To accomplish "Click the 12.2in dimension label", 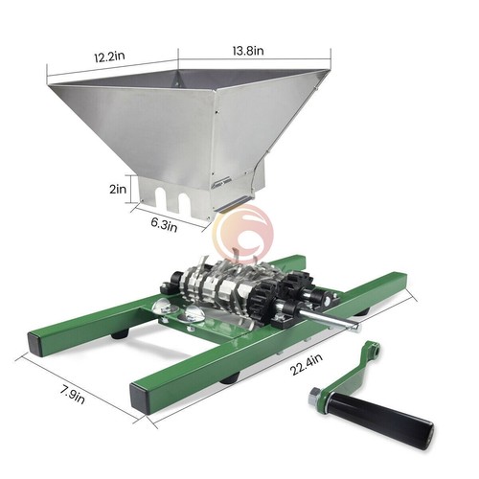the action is (x=109, y=57).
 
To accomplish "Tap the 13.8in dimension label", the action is (x=248, y=51).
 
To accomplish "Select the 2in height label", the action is (x=118, y=189).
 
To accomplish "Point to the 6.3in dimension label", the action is (x=164, y=224).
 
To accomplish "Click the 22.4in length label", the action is (x=307, y=365).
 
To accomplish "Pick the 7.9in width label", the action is (x=73, y=395).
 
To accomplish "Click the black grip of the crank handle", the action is (x=381, y=418).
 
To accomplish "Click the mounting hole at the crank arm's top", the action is (x=376, y=352).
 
